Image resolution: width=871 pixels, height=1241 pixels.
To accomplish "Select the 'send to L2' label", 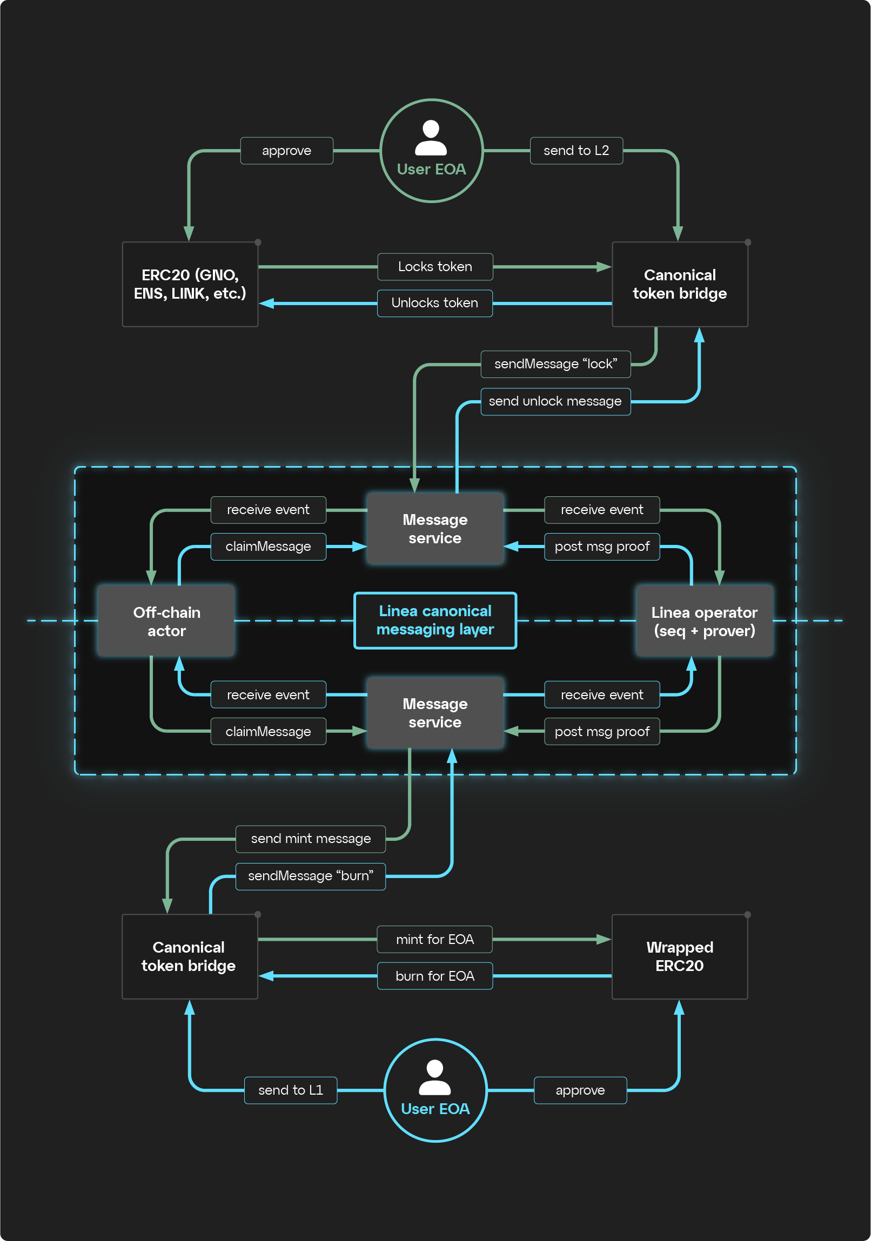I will point(576,151).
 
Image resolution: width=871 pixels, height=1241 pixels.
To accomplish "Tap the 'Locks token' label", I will point(434,267).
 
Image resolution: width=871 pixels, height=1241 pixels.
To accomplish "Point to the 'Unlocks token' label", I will point(434,303).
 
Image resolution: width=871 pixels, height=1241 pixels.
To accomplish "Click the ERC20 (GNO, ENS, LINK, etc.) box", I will point(190,284).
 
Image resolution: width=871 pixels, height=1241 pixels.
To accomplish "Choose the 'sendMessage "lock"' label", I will point(555,365).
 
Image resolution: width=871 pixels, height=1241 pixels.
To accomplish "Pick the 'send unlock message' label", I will point(555,402).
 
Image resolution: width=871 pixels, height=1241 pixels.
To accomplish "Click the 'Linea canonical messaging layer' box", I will point(434,621).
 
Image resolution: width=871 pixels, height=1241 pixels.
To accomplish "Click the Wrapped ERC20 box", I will point(680,957).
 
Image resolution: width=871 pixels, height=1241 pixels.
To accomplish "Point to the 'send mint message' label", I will point(310,839).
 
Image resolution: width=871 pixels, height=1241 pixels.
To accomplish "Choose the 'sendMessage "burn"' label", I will point(310,876).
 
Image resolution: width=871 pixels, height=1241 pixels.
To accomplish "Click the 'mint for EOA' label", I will point(434,940).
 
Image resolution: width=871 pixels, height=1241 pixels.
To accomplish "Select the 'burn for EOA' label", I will point(434,976).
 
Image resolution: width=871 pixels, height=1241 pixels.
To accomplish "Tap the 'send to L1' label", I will point(290,1090).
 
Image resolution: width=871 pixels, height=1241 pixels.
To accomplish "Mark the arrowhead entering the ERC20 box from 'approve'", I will point(189,233).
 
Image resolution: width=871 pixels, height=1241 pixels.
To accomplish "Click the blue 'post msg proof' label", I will point(602,547).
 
